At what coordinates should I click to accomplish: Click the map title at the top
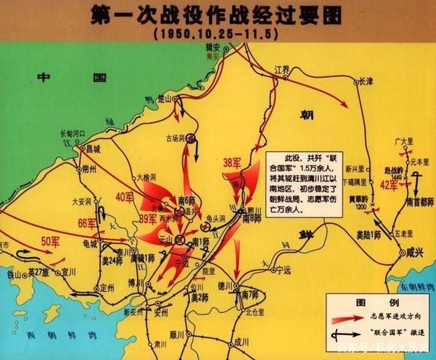(217, 15)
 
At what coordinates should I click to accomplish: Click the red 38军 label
(232, 163)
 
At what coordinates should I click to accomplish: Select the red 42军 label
(389, 185)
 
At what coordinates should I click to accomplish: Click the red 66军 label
(86, 222)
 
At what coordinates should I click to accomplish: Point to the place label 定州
(106, 286)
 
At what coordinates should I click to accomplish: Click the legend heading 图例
(384, 300)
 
